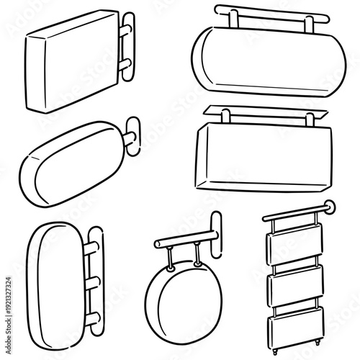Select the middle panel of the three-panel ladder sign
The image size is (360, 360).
pos(294,286)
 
